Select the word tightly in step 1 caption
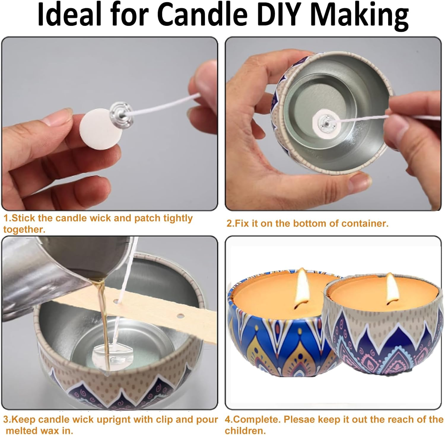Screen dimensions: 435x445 point(178,219)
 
